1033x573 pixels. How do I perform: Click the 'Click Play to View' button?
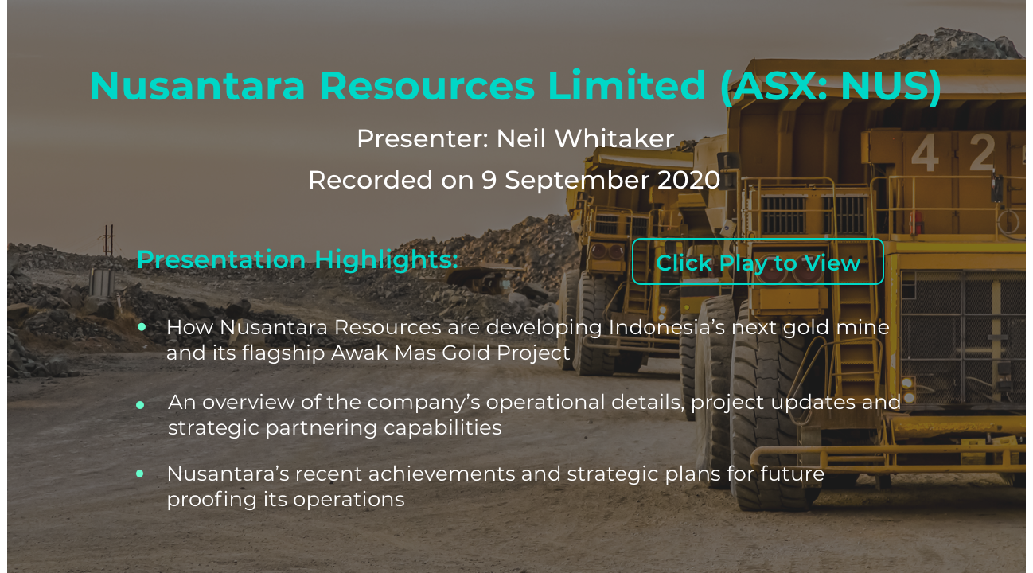click(758, 261)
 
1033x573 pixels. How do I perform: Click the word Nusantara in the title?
click(197, 85)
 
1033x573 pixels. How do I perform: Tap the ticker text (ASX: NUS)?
click(831, 86)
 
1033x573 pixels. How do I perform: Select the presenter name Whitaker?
click(614, 138)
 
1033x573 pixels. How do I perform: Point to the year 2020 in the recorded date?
click(688, 179)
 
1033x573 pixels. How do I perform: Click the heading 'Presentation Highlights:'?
click(298, 259)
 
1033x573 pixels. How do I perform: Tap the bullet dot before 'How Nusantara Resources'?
click(142, 327)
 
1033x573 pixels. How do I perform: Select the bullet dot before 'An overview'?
click(140, 405)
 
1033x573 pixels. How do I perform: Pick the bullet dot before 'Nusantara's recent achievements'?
click(140, 474)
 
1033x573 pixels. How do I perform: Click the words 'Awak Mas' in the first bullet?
click(383, 353)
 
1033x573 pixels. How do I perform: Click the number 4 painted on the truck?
click(925, 153)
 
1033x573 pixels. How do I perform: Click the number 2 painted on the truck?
click(982, 152)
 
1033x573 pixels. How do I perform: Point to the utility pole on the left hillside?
click(109, 240)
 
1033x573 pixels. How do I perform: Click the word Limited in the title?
click(626, 85)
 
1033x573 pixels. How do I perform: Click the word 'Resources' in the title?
click(427, 86)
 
